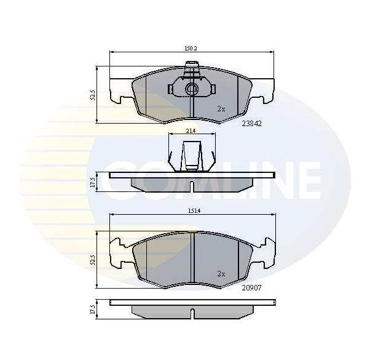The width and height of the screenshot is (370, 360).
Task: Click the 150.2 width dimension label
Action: point(191,49)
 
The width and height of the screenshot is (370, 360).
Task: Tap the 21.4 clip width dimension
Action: point(191,131)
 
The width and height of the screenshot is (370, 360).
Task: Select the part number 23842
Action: point(252,124)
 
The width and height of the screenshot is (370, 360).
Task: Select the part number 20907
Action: point(252,288)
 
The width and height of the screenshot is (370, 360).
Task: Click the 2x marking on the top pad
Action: point(221,109)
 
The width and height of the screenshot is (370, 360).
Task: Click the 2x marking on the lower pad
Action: point(221,274)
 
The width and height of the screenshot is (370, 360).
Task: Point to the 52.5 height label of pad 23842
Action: point(93,95)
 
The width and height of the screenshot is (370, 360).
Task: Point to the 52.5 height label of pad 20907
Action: point(93,259)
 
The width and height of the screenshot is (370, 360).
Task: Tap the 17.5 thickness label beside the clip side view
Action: point(93,182)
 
